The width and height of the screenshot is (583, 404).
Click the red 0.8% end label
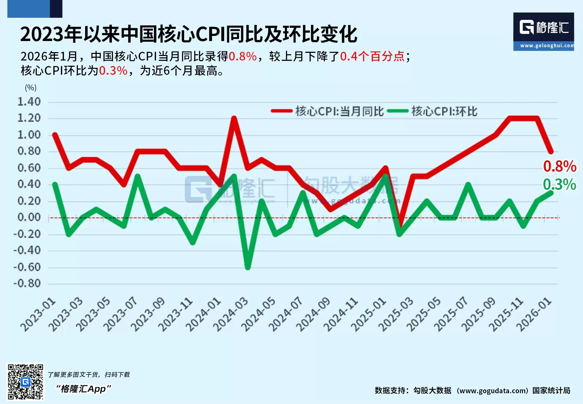pyautogui.click(x=559, y=167)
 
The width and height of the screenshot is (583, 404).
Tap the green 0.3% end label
pyautogui.click(x=559, y=184)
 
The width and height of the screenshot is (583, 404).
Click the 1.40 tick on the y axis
pyautogui.click(x=29, y=102)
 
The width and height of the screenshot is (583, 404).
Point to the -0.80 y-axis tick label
pyautogui.click(x=27, y=283)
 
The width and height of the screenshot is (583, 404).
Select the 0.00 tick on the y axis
pyautogui.click(x=29, y=217)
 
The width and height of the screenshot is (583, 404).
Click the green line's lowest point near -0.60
pyautogui.click(x=248, y=268)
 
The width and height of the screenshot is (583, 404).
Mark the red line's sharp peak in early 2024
pyautogui.click(x=234, y=119)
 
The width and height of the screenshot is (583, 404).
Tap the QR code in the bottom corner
pyautogui.click(x=26, y=382)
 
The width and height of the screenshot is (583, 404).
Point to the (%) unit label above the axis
pyautogui.click(x=31, y=88)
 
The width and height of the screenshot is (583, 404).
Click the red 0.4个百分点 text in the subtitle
pyautogui.click(x=372, y=56)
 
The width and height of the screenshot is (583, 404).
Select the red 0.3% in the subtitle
pyautogui.click(x=113, y=71)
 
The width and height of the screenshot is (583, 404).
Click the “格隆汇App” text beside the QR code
pyautogui.click(x=83, y=389)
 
